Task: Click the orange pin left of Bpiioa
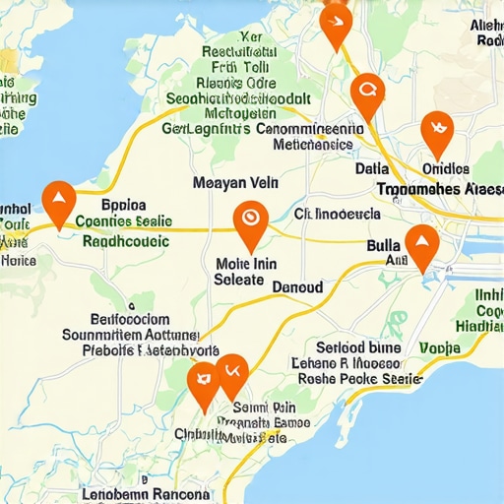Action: pos(60,201)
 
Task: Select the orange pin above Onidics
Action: pos(435,130)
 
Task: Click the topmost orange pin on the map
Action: pos(336,22)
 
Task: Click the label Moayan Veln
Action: pos(235,182)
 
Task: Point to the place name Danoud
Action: pos(296,286)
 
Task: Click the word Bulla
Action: pos(385,245)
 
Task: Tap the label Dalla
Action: pos(372,168)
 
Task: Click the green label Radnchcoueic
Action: pos(126,240)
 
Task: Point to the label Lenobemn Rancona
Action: pos(145,494)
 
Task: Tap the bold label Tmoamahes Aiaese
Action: pos(439,187)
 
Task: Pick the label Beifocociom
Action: pos(130,319)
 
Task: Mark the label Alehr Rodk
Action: pos(486,32)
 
